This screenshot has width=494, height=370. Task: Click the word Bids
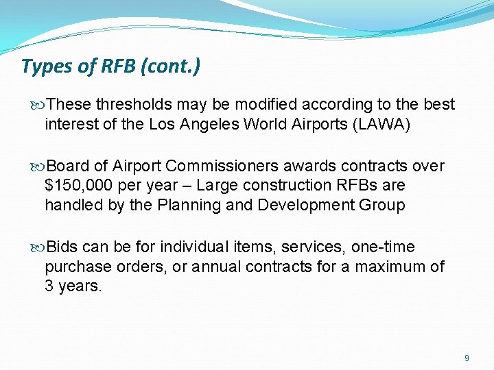[x=63, y=247]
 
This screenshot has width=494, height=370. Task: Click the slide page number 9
[x=467, y=358]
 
